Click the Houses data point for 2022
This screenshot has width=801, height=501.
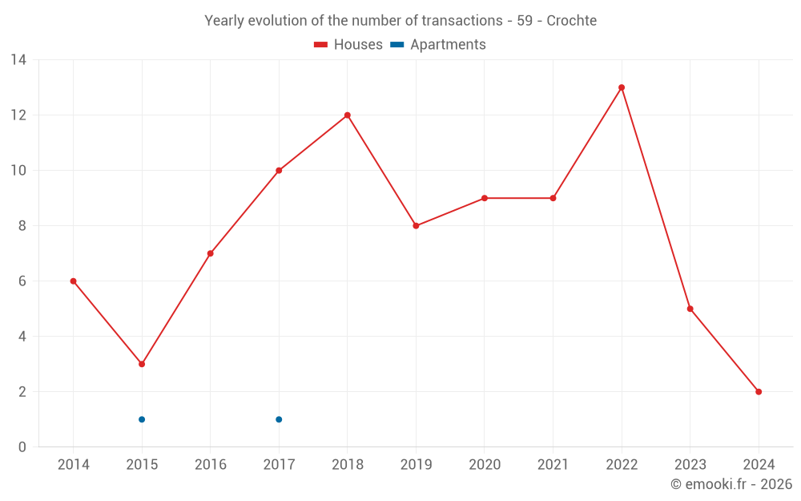pyautogui.click(x=622, y=87)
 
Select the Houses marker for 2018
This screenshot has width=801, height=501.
pyautogui.click(x=348, y=115)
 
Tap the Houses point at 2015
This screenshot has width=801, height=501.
pyautogui.click(x=142, y=364)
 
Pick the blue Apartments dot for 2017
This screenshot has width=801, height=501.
pyautogui.click(x=279, y=419)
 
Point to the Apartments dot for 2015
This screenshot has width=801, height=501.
pyautogui.click(x=142, y=419)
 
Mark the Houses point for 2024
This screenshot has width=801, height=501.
pyautogui.click(x=759, y=392)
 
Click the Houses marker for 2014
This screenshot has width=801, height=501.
pyautogui.click(x=73, y=281)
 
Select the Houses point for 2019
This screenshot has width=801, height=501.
pyautogui.click(x=416, y=226)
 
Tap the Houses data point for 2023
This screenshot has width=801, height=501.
pyautogui.click(x=690, y=309)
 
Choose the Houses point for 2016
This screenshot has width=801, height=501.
pyautogui.click(x=210, y=253)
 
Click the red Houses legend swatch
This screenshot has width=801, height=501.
pyautogui.click(x=321, y=45)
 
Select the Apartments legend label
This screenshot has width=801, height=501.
pyautogui.click(x=448, y=45)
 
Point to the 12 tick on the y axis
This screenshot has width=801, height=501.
pyautogui.click(x=18, y=115)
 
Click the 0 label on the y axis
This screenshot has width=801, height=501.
pyautogui.click(x=22, y=446)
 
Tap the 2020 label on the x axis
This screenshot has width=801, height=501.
pyautogui.click(x=485, y=465)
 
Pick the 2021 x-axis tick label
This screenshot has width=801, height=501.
pyautogui.click(x=553, y=465)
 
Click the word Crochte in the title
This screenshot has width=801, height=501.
pyautogui.click(x=571, y=21)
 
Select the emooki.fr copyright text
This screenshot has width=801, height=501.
pyautogui.click(x=731, y=484)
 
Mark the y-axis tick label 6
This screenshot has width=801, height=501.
pyautogui.click(x=22, y=281)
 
